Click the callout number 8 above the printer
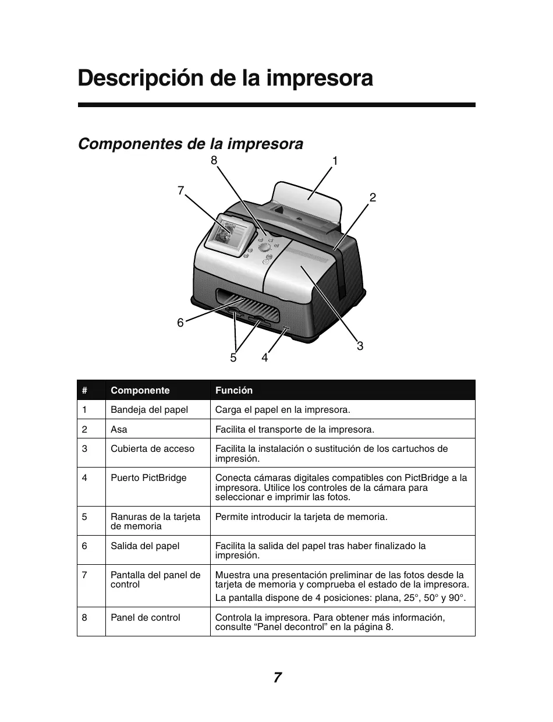coord(214,159)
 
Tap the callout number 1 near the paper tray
coord(335,161)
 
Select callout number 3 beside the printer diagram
coord(360,346)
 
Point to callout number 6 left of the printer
coord(180,323)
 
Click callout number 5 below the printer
coord(233,358)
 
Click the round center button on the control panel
coord(264,247)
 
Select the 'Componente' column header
coord(140,390)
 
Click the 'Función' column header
coord(234,390)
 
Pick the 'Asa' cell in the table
coord(119,429)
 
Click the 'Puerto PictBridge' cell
coord(148,477)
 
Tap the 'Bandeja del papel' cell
coord(149,409)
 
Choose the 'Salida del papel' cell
coord(145,546)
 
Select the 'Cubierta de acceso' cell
coord(153,448)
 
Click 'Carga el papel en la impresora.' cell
coord(283,409)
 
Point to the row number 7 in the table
coord(85,575)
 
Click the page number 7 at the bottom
coord(277,677)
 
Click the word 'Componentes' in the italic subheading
coord(128,144)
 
